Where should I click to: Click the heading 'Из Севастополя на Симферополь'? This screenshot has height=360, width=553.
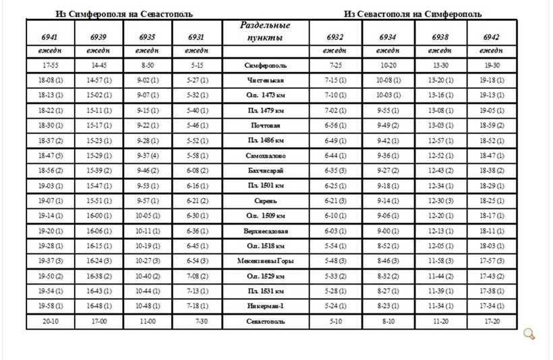(x=416, y=14)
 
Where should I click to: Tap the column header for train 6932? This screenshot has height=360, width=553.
(x=334, y=36)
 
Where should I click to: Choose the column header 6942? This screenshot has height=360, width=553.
(x=492, y=36)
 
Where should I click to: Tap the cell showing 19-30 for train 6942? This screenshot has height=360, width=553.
(x=492, y=66)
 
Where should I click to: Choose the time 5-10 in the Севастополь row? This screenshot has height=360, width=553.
(x=334, y=321)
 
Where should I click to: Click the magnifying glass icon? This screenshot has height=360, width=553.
(x=529, y=334)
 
